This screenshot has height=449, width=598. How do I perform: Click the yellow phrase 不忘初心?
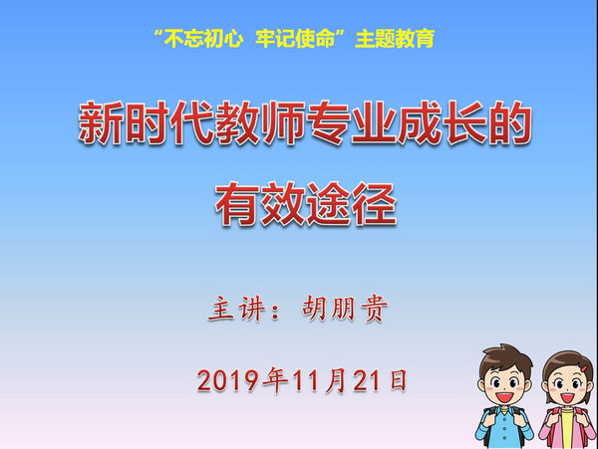(204, 39)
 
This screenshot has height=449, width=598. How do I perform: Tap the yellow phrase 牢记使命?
(295, 39)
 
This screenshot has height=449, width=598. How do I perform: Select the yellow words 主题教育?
(395, 39)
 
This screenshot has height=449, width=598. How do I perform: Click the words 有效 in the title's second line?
(260, 204)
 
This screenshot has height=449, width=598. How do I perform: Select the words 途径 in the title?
(352, 204)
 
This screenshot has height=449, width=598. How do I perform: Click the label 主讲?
(236, 309)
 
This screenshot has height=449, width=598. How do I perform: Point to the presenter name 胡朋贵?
(345, 309)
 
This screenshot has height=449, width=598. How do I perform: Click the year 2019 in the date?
(228, 380)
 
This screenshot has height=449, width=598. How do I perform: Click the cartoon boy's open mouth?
(504, 397)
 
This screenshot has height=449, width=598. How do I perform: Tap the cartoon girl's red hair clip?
(583, 368)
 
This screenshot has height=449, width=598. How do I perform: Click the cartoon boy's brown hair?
(505, 359)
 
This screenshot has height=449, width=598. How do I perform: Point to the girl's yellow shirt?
(567, 428)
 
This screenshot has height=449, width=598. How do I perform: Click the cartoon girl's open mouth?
(567, 398)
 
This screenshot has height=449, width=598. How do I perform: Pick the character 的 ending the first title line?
(510, 122)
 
